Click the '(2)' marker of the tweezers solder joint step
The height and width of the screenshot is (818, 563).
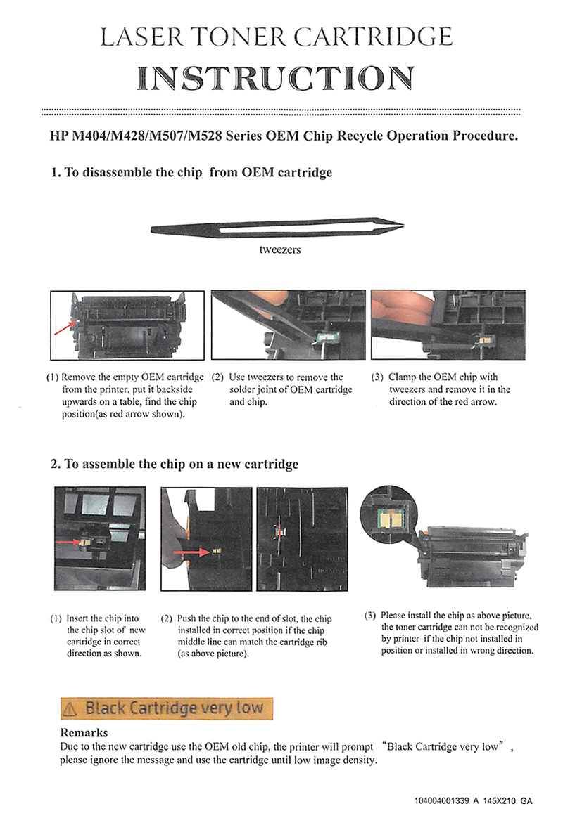coord(217,377)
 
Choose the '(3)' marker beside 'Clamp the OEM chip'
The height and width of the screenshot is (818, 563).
coord(377,377)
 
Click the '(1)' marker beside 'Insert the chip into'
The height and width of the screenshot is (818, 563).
coord(56,619)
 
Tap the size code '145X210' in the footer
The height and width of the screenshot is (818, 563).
coord(503,801)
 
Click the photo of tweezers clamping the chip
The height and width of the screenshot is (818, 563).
coord(448,325)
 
